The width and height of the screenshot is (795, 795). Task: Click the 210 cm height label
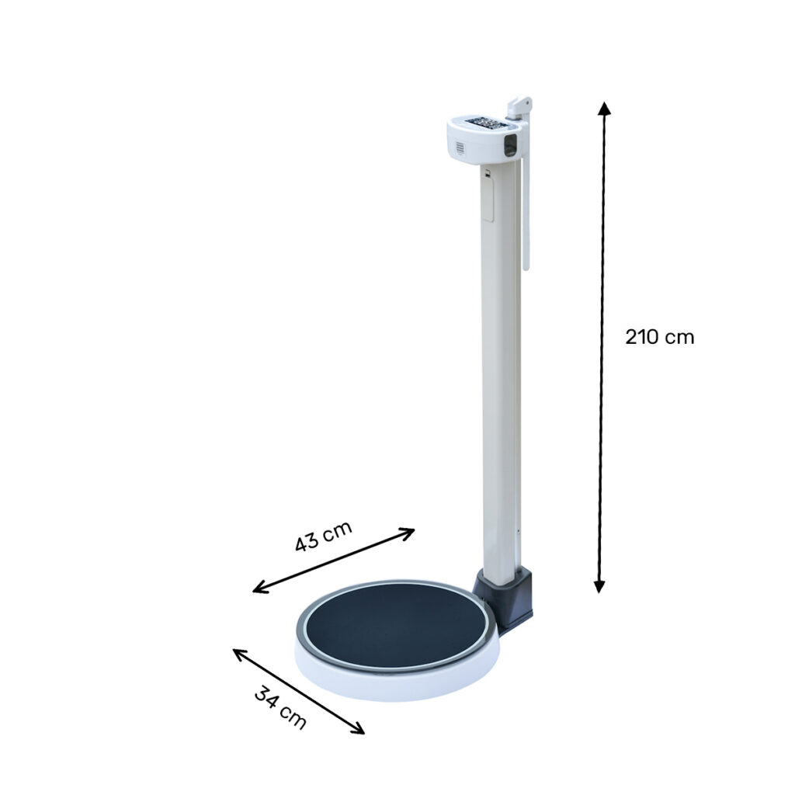pyautogui.click(x=659, y=337)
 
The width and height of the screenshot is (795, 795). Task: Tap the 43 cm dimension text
pyautogui.click(x=323, y=536)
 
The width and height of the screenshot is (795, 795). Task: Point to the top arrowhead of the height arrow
pyautogui.click(x=603, y=108)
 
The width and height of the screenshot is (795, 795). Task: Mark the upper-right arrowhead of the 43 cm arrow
pyautogui.click(x=408, y=533)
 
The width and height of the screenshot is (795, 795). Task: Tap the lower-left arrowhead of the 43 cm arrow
pyautogui.click(x=259, y=588)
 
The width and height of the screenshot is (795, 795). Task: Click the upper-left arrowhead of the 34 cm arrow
pyautogui.click(x=239, y=654)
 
